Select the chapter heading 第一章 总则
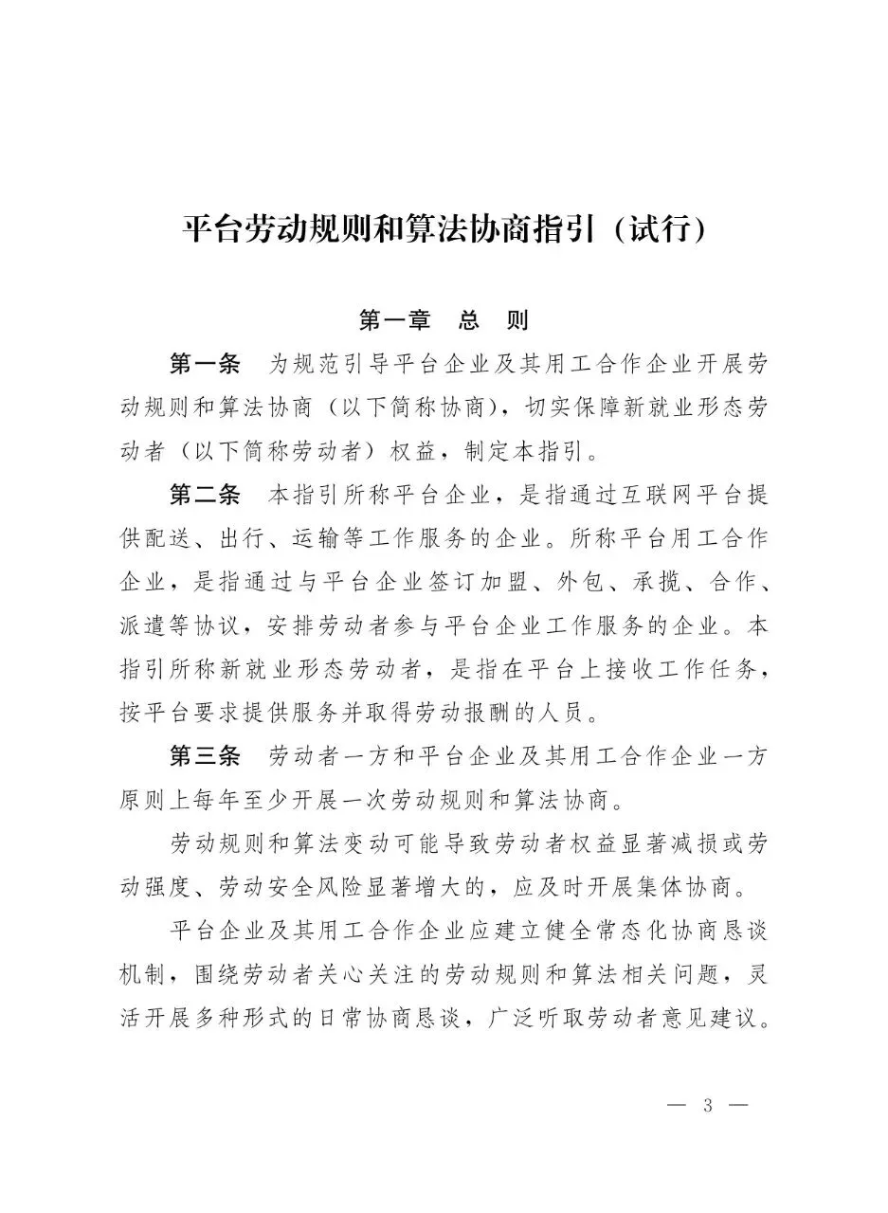(x=444, y=319)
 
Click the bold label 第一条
(x=205, y=364)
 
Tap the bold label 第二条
(x=205, y=495)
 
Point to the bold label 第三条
(x=205, y=756)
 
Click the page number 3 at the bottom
(x=707, y=1106)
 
